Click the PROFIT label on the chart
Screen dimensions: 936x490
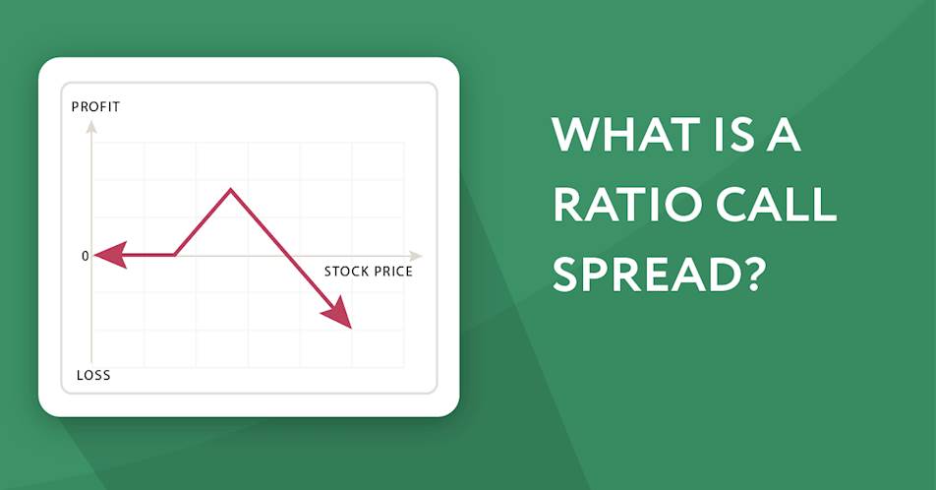tap(95, 107)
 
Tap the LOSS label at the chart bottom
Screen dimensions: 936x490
tap(93, 375)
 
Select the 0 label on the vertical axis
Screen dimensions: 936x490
tap(85, 256)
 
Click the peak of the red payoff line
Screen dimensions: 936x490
tap(231, 190)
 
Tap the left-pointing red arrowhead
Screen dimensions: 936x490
tap(110, 255)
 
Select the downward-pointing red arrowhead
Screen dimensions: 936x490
tap(338, 313)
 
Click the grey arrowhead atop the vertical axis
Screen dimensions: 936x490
tap(91, 126)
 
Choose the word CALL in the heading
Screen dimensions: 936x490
tap(777, 204)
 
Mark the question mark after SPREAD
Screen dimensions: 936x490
tap(749, 274)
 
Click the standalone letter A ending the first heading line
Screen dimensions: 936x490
tap(783, 135)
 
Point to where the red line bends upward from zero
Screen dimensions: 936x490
tap(174, 255)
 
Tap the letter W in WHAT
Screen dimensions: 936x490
tap(576, 135)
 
